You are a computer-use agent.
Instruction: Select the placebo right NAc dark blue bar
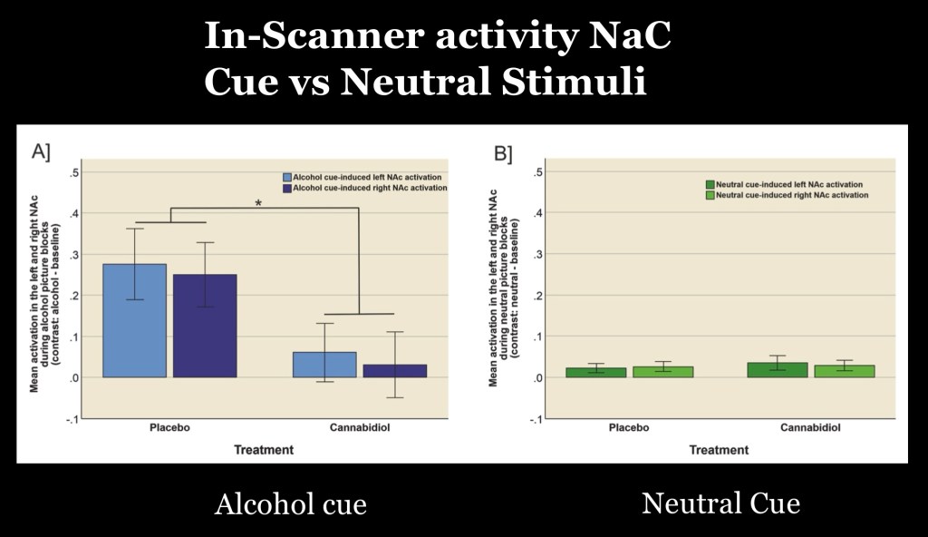pos(204,326)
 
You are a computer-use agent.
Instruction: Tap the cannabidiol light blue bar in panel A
pos(324,365)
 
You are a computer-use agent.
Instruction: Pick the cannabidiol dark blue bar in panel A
pos(394,371)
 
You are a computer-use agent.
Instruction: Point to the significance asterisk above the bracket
pos(258,204)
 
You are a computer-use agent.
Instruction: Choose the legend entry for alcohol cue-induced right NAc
pos(366,188)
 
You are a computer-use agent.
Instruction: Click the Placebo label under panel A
pos(169,427)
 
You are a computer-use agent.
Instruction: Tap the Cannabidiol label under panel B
pos(809,427)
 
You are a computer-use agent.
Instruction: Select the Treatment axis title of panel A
pos(264,449)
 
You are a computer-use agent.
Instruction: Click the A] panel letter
pos(42,151)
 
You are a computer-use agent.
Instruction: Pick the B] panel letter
pos(503,152)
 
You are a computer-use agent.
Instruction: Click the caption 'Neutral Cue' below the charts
pos(720,503)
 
